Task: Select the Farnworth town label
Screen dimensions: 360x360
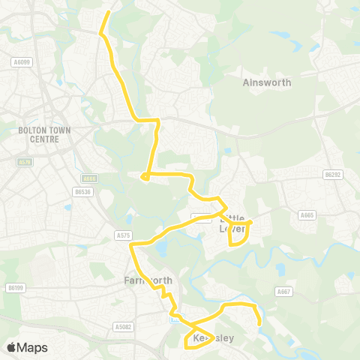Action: (x=148, y=280)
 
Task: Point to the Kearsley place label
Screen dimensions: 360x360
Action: (x=214, y=338)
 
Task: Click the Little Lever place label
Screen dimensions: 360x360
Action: (x=233, y=223)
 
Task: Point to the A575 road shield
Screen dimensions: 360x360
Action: (x=124, y=235)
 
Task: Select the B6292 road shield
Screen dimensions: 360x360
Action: (x=332, y=175)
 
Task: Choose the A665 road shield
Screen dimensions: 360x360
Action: (x=306, y=215)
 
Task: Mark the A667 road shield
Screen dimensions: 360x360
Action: (x=283, y=291)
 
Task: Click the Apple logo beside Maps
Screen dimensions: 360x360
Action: (x=10, y=347)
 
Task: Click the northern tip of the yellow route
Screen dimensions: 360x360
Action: (x=109, y=12)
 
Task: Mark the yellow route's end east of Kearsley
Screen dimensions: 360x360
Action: (x=259, y=324)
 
